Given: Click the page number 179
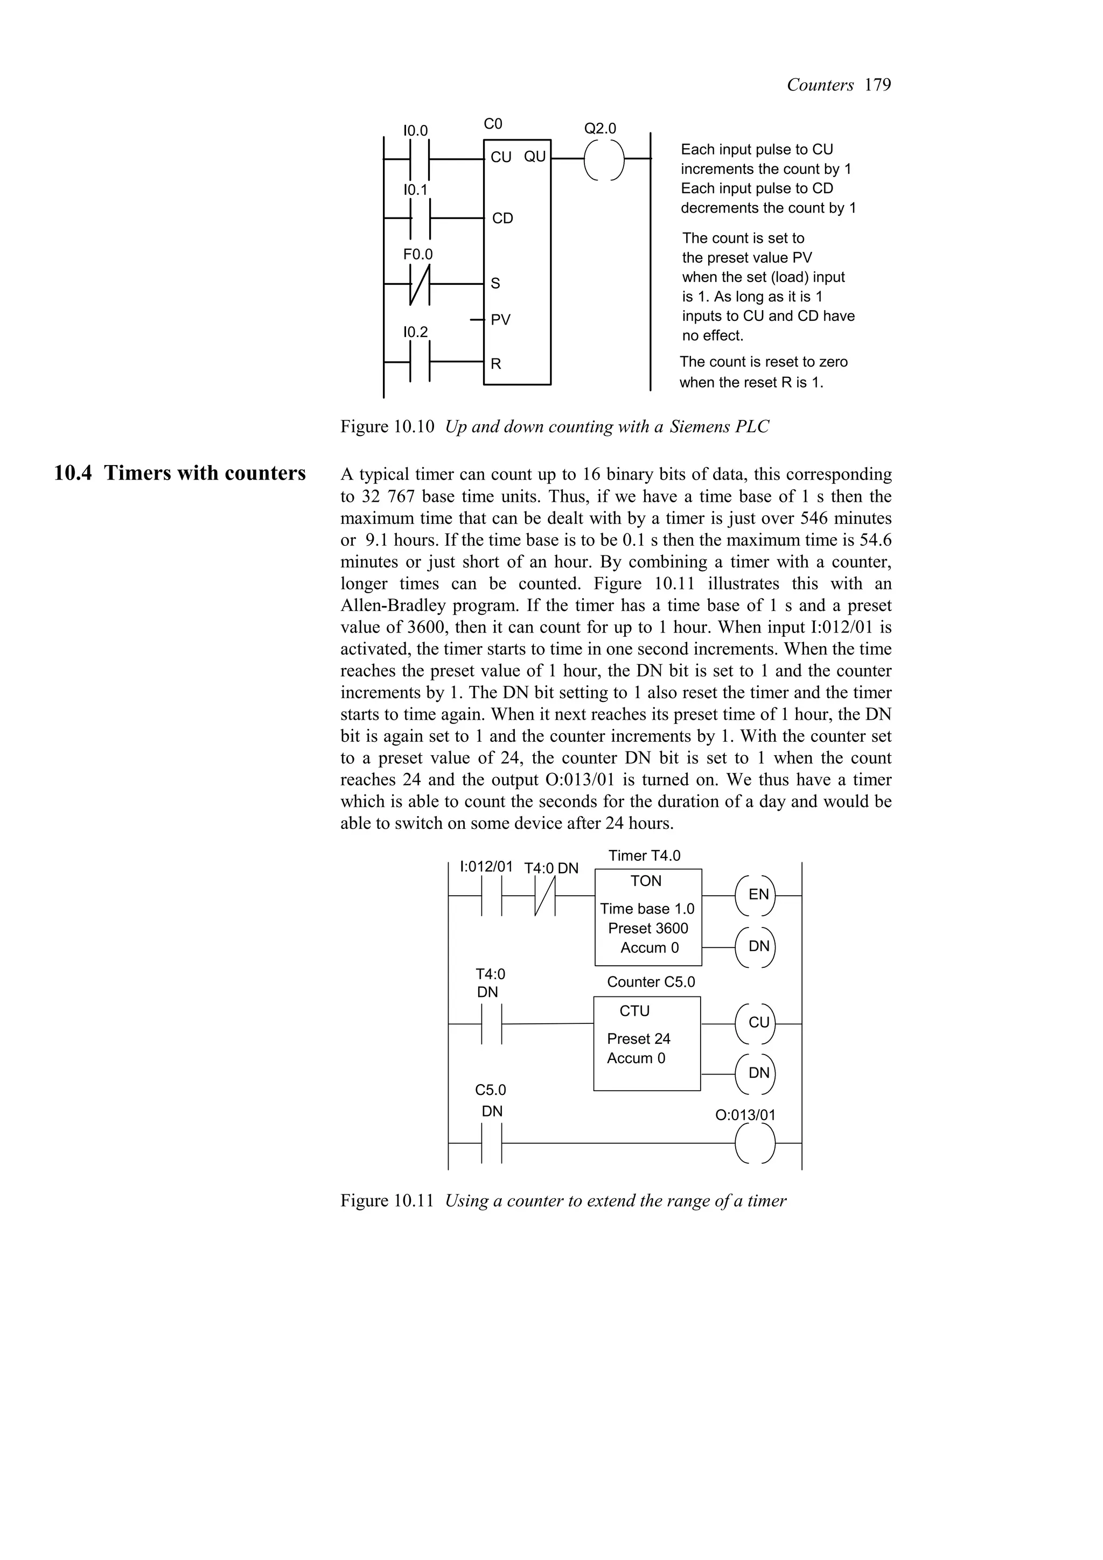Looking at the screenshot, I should [877, 85].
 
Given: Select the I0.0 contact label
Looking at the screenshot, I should [415, 130].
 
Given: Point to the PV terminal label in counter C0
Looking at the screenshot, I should [500, 320].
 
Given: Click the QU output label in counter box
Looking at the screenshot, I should [534, 157].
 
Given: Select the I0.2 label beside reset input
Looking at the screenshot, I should [415, 332].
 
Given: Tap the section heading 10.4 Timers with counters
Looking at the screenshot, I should [180, 473].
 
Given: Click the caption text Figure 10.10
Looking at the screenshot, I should [387, 427].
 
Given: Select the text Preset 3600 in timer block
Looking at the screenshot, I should [648, 928].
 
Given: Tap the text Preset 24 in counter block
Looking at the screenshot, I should [638, 1038].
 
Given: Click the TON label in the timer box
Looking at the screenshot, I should [646, 881].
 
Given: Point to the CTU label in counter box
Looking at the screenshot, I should [634, 1011].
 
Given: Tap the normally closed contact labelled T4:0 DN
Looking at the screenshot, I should [545, 896].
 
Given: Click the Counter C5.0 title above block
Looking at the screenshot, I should [651, 982].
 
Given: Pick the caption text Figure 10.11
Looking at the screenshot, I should [387, 1200].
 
